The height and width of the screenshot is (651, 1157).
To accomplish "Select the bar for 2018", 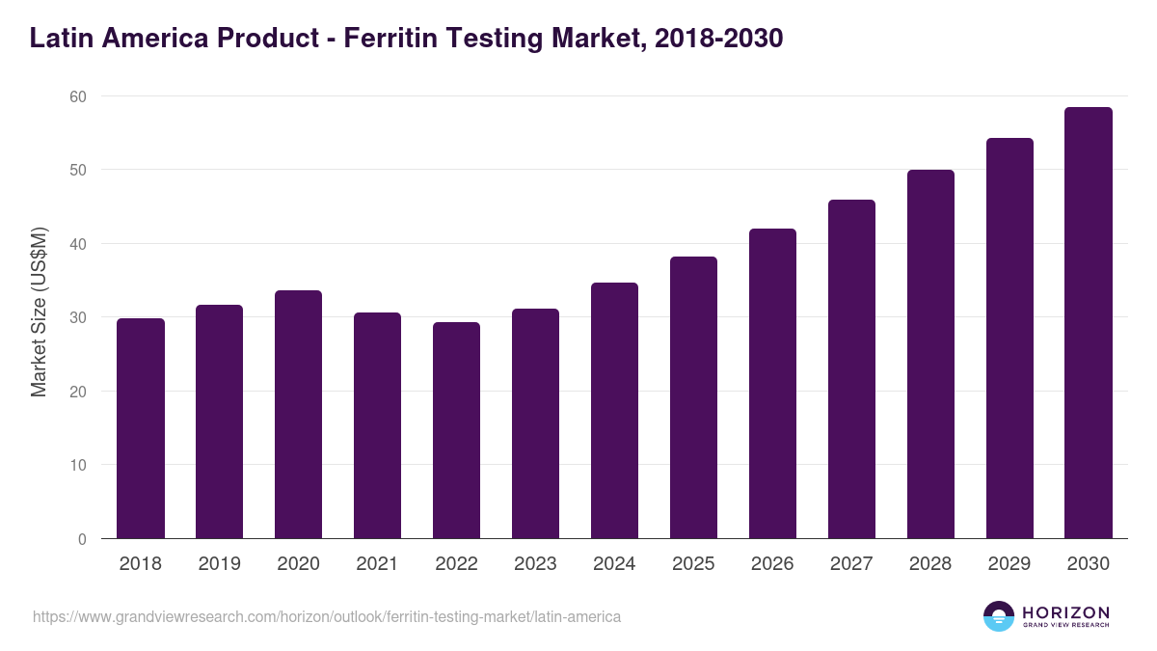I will [x=141, y=428].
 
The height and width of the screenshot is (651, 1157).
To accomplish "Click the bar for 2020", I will [x=299, y=415].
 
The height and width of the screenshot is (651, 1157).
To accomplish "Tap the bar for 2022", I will [x=457, y=430].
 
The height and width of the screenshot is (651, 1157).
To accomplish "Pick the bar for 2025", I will [x=694, y=397].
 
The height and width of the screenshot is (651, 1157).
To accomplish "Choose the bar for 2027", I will [x=852, y=369].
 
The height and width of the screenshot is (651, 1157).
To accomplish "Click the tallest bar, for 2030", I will [x=1089, y=323].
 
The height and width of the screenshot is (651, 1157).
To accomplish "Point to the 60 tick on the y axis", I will [x=77, y=96].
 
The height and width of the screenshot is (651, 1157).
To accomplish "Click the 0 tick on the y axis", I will [x=82, y=539].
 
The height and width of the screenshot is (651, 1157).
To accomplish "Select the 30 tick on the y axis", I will [x=77, y=317].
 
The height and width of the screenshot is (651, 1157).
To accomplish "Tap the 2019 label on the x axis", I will [x=220, y=564].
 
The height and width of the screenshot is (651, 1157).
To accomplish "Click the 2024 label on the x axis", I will [x=615, y=564].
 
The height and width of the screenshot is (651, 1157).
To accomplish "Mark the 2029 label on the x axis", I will [x=1009, y=564].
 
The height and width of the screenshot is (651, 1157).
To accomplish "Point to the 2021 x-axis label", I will [x=378, y=564].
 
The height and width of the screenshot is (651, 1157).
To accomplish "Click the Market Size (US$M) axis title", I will [x=39, y=312].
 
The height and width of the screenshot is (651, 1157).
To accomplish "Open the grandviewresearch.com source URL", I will [x=327, y=616].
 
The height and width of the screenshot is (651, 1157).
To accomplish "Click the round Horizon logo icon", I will [x=999, y=616].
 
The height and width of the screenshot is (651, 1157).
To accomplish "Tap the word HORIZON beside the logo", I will [x=1065, y=612].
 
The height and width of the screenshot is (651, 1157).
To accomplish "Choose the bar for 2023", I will [x=536, y=423].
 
